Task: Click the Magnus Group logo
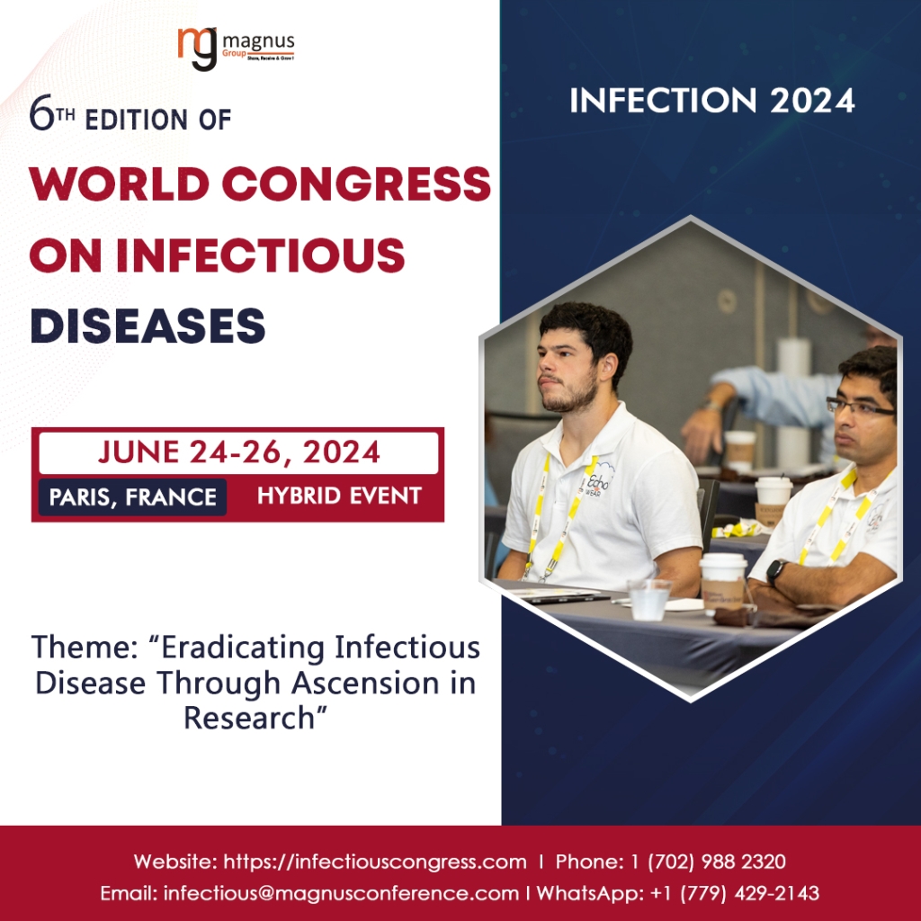tap(237, 49)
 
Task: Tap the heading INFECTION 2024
tap(712, 101)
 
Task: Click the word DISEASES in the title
tap(148, 326)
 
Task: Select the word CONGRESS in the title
tap(356, 183)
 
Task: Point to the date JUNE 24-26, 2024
tap(238, 452)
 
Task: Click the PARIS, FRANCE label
tap(133, 496)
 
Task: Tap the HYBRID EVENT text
tap(339, 496)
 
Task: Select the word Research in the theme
tap(250, 717)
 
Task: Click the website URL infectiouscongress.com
tap(375, 862)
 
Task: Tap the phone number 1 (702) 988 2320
tap(709, 862)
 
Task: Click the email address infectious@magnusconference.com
tap(341, 893)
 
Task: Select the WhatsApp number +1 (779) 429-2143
tap(735, 893)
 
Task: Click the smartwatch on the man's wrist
tap(776, 571)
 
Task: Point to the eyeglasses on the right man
tap(860, 406)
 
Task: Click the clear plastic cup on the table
tap(649, 599)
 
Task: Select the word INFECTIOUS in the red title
tap(261, 255)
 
